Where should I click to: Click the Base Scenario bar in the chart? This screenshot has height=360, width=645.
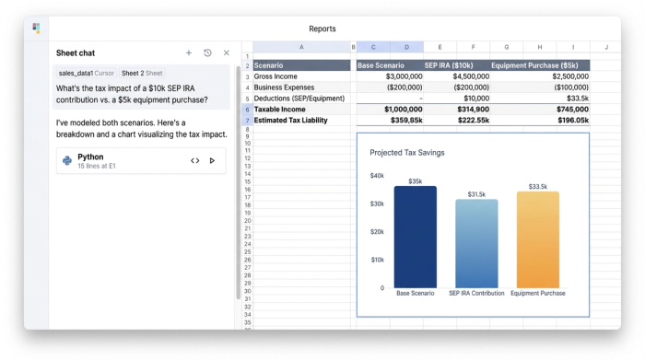tap(416, 237)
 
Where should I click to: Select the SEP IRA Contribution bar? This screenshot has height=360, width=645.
tap(476, 243)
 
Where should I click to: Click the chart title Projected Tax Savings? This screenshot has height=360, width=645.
tap(406, 153)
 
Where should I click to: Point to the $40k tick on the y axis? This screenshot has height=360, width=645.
tap(377, 176)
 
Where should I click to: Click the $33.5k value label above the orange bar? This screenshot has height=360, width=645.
tap(538, 187)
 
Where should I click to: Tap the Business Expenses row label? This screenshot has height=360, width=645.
tap(285, 87)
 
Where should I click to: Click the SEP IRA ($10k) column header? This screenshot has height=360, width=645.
tap(449, 65)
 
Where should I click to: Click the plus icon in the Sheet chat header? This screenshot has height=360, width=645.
tap(189, 53)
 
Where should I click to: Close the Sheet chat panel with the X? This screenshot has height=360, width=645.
tap(227, 53)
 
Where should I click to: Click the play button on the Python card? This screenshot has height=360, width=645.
tap(213, 160)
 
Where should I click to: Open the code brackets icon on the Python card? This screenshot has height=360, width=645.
tap(195, 160)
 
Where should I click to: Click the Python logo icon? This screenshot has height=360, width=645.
tap(67, 160)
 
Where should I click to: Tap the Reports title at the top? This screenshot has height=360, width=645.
tap(322, 29)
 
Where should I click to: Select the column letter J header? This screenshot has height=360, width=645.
tap(605, 46)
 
